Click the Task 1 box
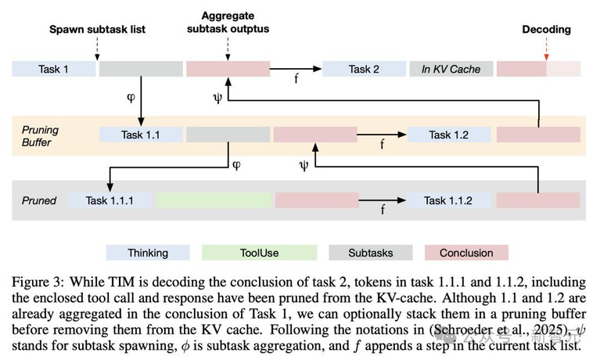tap(53, 69)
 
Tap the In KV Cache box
tap(451, 69)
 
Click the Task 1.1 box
tap(140, 135)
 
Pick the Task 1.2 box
tap(448, 135)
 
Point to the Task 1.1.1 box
tap(110, 200)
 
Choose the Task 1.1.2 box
tap(448, 200)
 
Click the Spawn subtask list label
tap(97, 30)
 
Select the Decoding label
tap(546, 30)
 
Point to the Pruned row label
tap(38, 200)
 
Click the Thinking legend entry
tap(148, 253)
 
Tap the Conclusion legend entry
tap(466, 253)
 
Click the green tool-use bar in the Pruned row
tap(214, 200)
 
